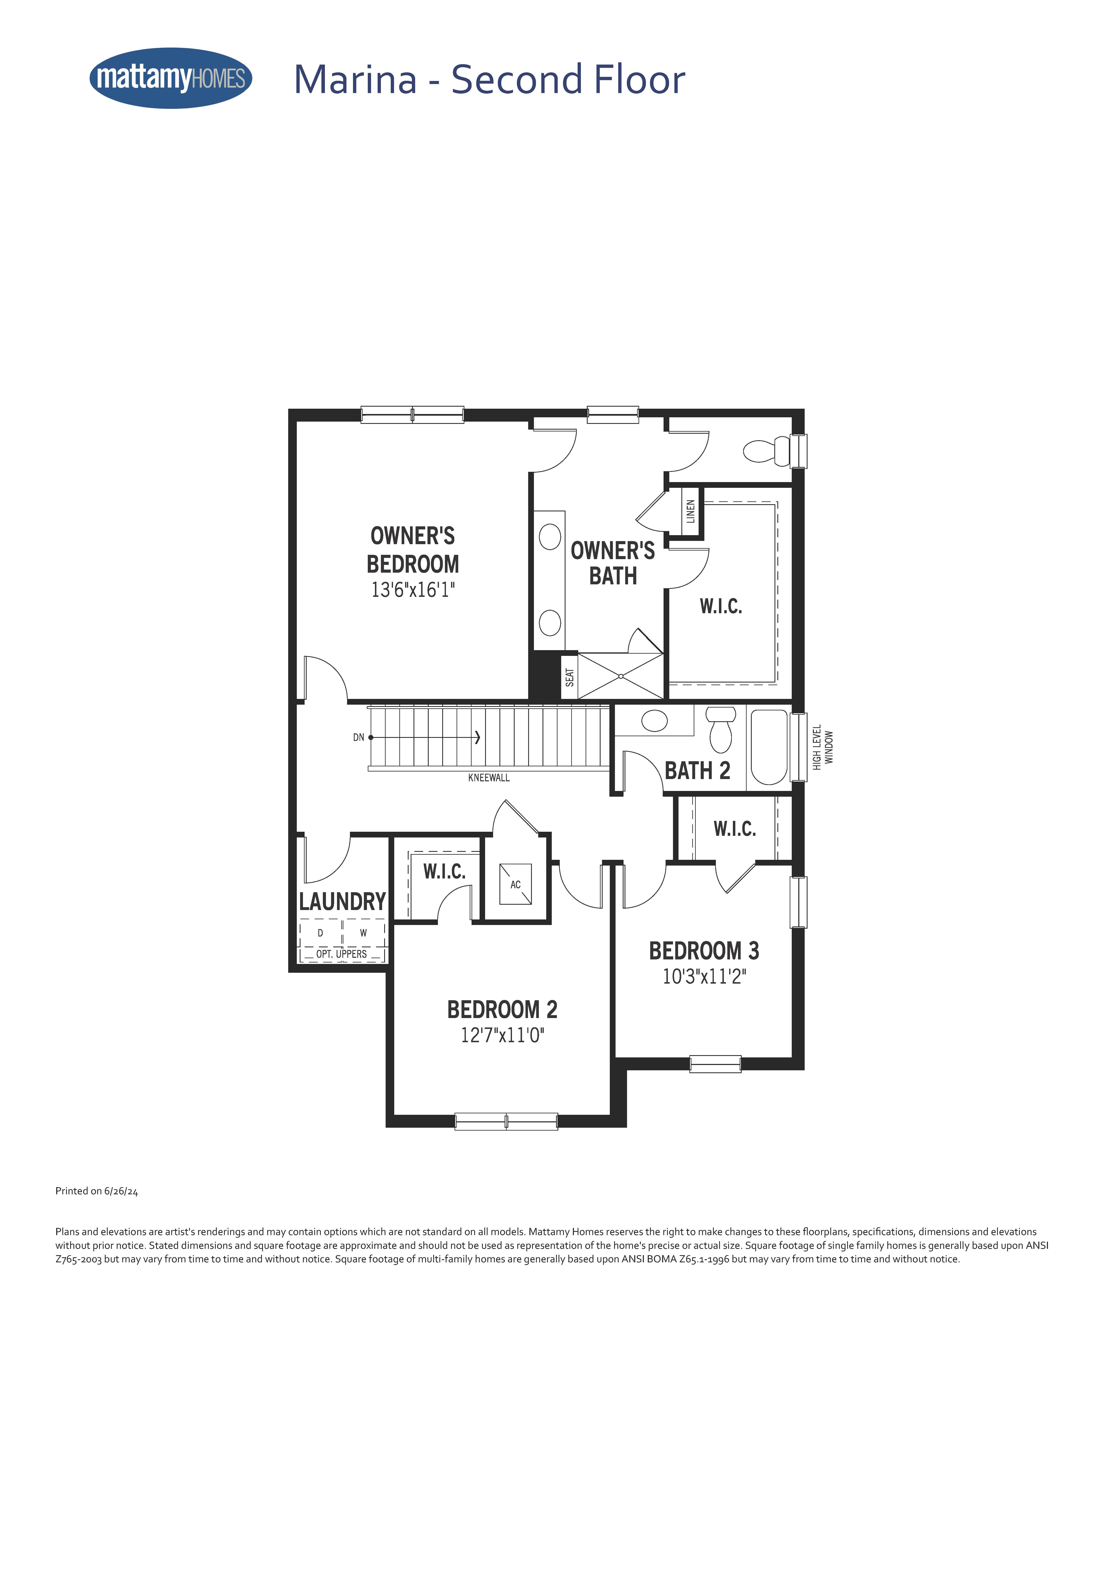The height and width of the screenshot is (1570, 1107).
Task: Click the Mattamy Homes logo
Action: pyautogui.click(x=171, y=78)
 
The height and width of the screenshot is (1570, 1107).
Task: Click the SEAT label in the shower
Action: pyautogui.click(x=570, y=677)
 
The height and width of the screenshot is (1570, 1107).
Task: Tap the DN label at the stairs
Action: pyautogui.click(x=359, y=737)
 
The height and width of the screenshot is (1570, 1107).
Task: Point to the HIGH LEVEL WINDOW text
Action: pyautogui.click(x=823, y=747)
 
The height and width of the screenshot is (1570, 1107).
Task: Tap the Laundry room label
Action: pyautogui.click(x=342, y=901)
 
